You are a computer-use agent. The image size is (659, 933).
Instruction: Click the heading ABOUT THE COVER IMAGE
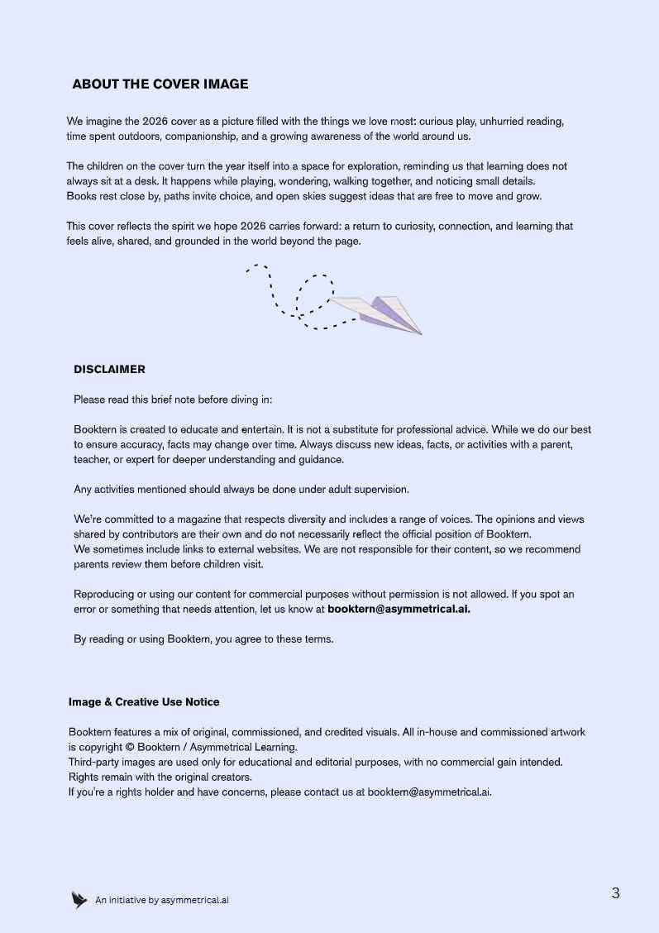click(x=160, y=84)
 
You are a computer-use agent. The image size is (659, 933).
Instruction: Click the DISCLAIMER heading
click(x=109, y=370)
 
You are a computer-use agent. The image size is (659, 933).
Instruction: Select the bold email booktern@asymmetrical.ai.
click(x=399, y=610)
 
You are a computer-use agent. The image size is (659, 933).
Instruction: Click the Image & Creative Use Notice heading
click(x=144, y=702)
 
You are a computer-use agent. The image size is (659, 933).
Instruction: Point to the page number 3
click(x=615, y=893)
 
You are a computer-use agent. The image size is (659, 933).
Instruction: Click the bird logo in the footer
click(x=79, y=900)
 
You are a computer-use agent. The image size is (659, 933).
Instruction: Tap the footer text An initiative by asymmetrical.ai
click(x=162, y=901)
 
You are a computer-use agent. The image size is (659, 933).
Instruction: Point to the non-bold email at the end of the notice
click(x=429, y=792)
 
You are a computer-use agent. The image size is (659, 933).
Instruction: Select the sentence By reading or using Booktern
click(x=203, y=639)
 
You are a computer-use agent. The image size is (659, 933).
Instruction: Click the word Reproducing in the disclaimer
click(x=104, y=595)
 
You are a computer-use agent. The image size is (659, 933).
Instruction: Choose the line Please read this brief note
click(x=173, y=400)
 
